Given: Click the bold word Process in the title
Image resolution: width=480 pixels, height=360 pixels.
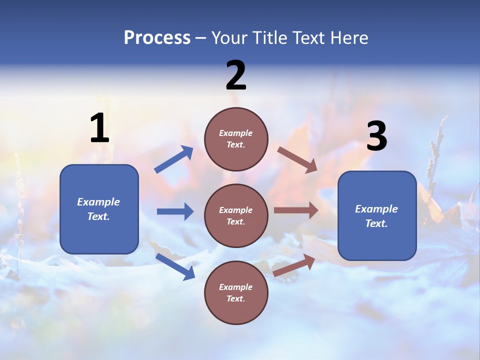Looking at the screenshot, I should [157, 38].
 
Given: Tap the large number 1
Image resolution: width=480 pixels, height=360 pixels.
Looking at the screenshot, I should [99, 128].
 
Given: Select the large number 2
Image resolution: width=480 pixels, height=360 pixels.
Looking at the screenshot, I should [236, 75].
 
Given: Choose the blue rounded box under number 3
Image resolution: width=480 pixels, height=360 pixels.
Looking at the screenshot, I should [377, 240].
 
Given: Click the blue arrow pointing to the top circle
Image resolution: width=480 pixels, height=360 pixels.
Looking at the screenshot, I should [174, 159].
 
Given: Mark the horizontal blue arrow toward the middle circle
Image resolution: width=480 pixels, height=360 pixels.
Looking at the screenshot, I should [175, 211].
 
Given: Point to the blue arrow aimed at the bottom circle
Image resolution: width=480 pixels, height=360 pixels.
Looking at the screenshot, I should [175, 266].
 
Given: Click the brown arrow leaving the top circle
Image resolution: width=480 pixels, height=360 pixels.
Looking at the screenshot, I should [297, 159].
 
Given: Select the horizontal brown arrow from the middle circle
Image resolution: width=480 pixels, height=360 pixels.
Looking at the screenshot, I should [296, 210].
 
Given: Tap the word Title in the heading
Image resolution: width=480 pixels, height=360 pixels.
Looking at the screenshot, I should [270, 38].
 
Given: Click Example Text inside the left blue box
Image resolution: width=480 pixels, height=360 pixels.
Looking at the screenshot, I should [98, 209].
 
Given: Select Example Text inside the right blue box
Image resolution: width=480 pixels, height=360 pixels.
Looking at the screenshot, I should [376, 216].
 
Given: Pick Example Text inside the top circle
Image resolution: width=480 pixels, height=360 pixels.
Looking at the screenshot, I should [236, 139].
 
